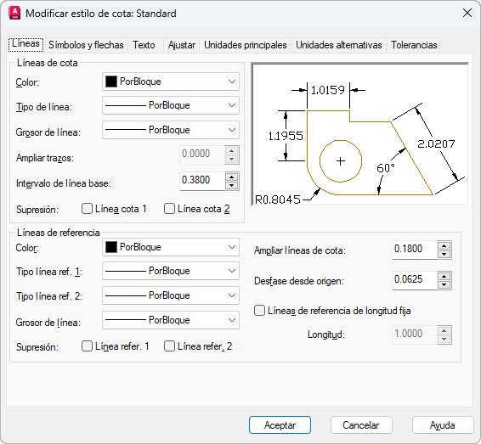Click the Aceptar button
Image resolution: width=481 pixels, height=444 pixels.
[x=280, y=425]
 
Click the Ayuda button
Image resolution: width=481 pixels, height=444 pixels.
[x=443, y=425]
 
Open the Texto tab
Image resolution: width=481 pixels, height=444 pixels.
[x=144, y=45]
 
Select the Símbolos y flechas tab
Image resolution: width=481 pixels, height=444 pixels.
[x=86, y=45]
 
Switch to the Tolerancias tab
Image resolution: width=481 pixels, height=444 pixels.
[x=414, y=45]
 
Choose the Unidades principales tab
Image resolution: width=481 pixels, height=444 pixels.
[x=246, y=45]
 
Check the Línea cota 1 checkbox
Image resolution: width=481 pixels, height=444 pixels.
[x=87, y=209]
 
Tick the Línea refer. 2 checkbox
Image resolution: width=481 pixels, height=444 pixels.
[x=169, y=346]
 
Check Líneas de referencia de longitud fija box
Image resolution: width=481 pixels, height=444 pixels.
[x=259, y=311]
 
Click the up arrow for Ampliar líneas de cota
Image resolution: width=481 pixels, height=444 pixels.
[x=444, y=245]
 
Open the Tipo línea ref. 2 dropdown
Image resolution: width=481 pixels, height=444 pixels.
[x=171, y=295]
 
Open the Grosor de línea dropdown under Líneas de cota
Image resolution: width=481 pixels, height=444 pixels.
[x=171, y=130]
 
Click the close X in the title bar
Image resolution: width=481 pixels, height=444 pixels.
[x=467, y=14]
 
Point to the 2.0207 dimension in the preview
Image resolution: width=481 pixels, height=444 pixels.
[x=436, y=143]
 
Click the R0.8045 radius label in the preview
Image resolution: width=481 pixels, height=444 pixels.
[x=278, y=200]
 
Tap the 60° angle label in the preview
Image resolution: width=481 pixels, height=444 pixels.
[x=385, y=168]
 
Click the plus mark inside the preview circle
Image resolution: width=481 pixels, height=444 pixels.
[x=341, y=161]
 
